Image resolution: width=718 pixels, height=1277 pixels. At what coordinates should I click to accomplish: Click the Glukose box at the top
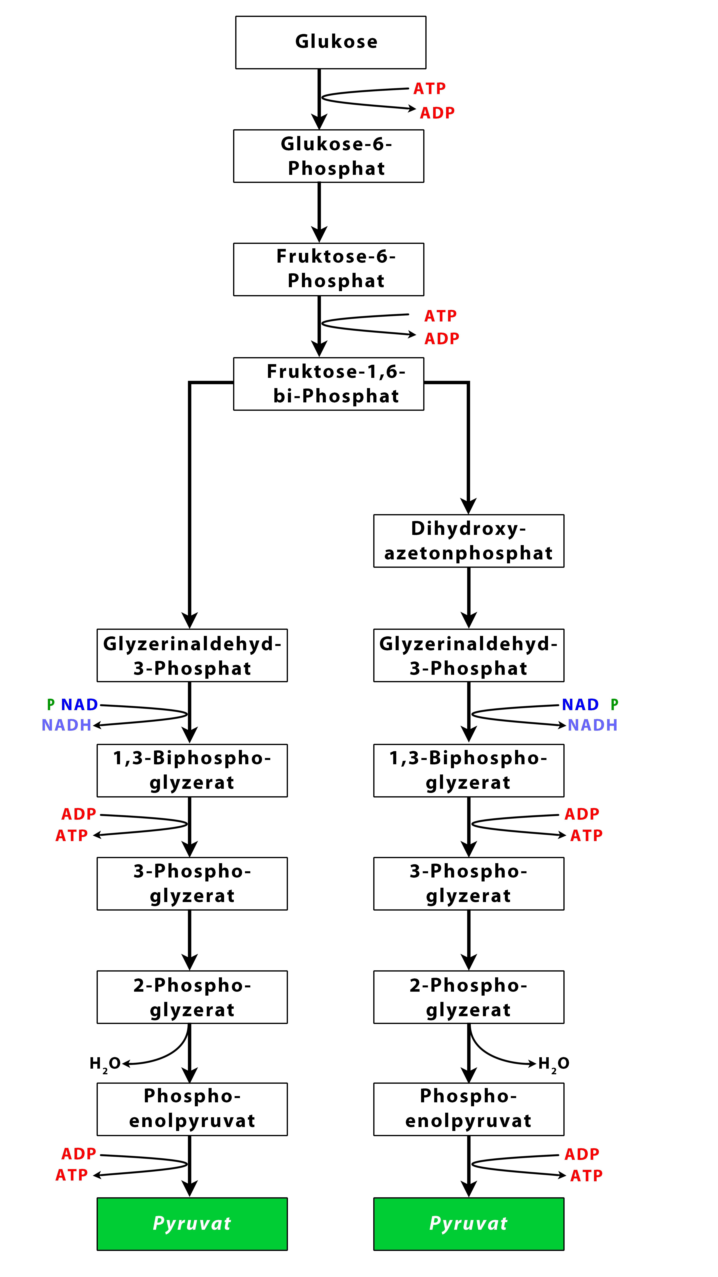(x=330, y=43)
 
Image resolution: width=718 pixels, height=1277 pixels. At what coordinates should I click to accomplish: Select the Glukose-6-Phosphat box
(x=328, y=156)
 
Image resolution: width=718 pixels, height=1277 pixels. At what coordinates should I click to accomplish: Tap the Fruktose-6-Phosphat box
(x=328, y=269)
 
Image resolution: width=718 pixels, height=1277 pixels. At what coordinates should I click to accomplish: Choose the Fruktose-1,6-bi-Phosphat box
(x=328, y=384)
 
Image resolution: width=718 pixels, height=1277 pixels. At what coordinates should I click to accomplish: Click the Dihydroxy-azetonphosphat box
(x=469, y=541)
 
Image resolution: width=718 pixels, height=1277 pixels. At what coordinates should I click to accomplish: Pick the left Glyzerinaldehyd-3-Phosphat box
(x=192, y=655)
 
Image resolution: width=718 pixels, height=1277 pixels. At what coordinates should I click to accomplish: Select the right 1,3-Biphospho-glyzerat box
(x=469, y=770)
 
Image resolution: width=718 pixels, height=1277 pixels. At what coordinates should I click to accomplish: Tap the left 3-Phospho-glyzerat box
(x=192, y=884)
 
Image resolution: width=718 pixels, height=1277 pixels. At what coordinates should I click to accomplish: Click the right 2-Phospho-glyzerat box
(x=469, y=997)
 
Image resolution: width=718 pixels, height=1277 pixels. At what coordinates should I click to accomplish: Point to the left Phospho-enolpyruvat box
(x=192, y=1109)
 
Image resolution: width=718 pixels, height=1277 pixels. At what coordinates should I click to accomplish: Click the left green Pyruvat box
(x=192, y=1224)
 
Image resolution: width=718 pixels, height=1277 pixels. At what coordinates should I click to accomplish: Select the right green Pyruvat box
(x=469, y=1224)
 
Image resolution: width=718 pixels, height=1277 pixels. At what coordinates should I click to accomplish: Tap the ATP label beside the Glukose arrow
(x=430, y=89)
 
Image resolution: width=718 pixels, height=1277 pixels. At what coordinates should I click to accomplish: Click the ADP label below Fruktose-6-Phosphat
(x=442, y=339)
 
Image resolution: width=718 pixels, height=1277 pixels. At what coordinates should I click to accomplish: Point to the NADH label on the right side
(x=593, y=725)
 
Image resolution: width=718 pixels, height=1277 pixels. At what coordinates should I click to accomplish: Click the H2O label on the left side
(x=105, y=1064)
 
